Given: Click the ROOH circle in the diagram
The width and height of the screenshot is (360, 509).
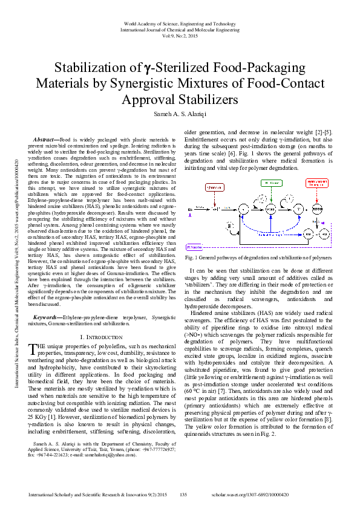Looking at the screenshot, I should pos(317,209).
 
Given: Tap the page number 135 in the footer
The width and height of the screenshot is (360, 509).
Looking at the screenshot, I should pos(183,494).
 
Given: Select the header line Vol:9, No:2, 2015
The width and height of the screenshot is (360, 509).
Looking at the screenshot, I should pos(180,36).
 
